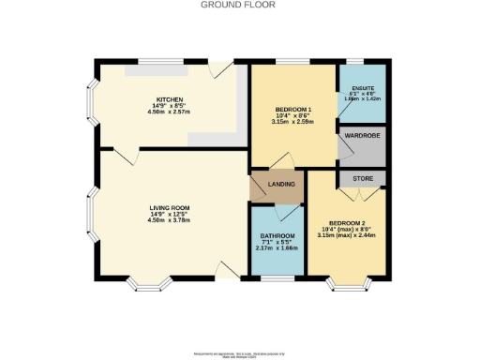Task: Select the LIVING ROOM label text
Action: (169, 207)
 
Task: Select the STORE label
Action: (362, 177)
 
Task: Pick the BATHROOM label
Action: (277, 235)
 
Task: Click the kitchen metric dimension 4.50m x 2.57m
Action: (170, 112)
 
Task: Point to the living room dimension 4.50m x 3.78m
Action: (169, 221)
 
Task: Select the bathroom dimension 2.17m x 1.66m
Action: (277, 248)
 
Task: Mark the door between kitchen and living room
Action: (127, 151)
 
